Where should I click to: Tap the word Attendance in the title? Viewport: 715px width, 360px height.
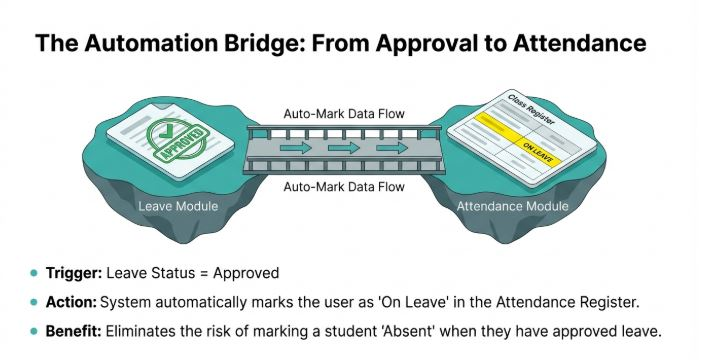[x=580, y=42]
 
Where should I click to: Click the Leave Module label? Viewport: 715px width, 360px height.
[x=178, y=206]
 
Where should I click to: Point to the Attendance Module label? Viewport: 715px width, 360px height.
[x=513, y=206]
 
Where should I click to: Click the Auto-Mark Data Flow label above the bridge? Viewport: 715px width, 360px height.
[x=344, y=114]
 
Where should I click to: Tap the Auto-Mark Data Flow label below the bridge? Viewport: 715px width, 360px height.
[x=344, y=187]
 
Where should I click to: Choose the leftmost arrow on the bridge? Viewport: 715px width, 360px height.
[x=296, y=148]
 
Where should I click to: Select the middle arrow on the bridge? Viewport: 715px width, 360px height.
[x=344, y=148]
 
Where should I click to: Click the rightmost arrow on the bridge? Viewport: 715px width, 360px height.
[x=392, y=148]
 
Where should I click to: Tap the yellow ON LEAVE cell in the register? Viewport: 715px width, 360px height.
[x=538, y=152]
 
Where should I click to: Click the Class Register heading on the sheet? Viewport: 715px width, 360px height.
[x=531, y=110]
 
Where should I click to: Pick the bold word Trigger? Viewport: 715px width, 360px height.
[x=74, y=273]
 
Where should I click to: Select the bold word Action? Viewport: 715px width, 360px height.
[x=71, y=302]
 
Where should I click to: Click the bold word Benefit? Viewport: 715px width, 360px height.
[x=73, y=331]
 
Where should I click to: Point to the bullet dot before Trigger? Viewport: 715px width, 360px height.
[x=33, y=273]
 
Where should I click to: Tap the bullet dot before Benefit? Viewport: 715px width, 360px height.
[x=33, y=331]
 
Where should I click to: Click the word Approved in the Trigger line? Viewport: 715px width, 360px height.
[x=246, y=273]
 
